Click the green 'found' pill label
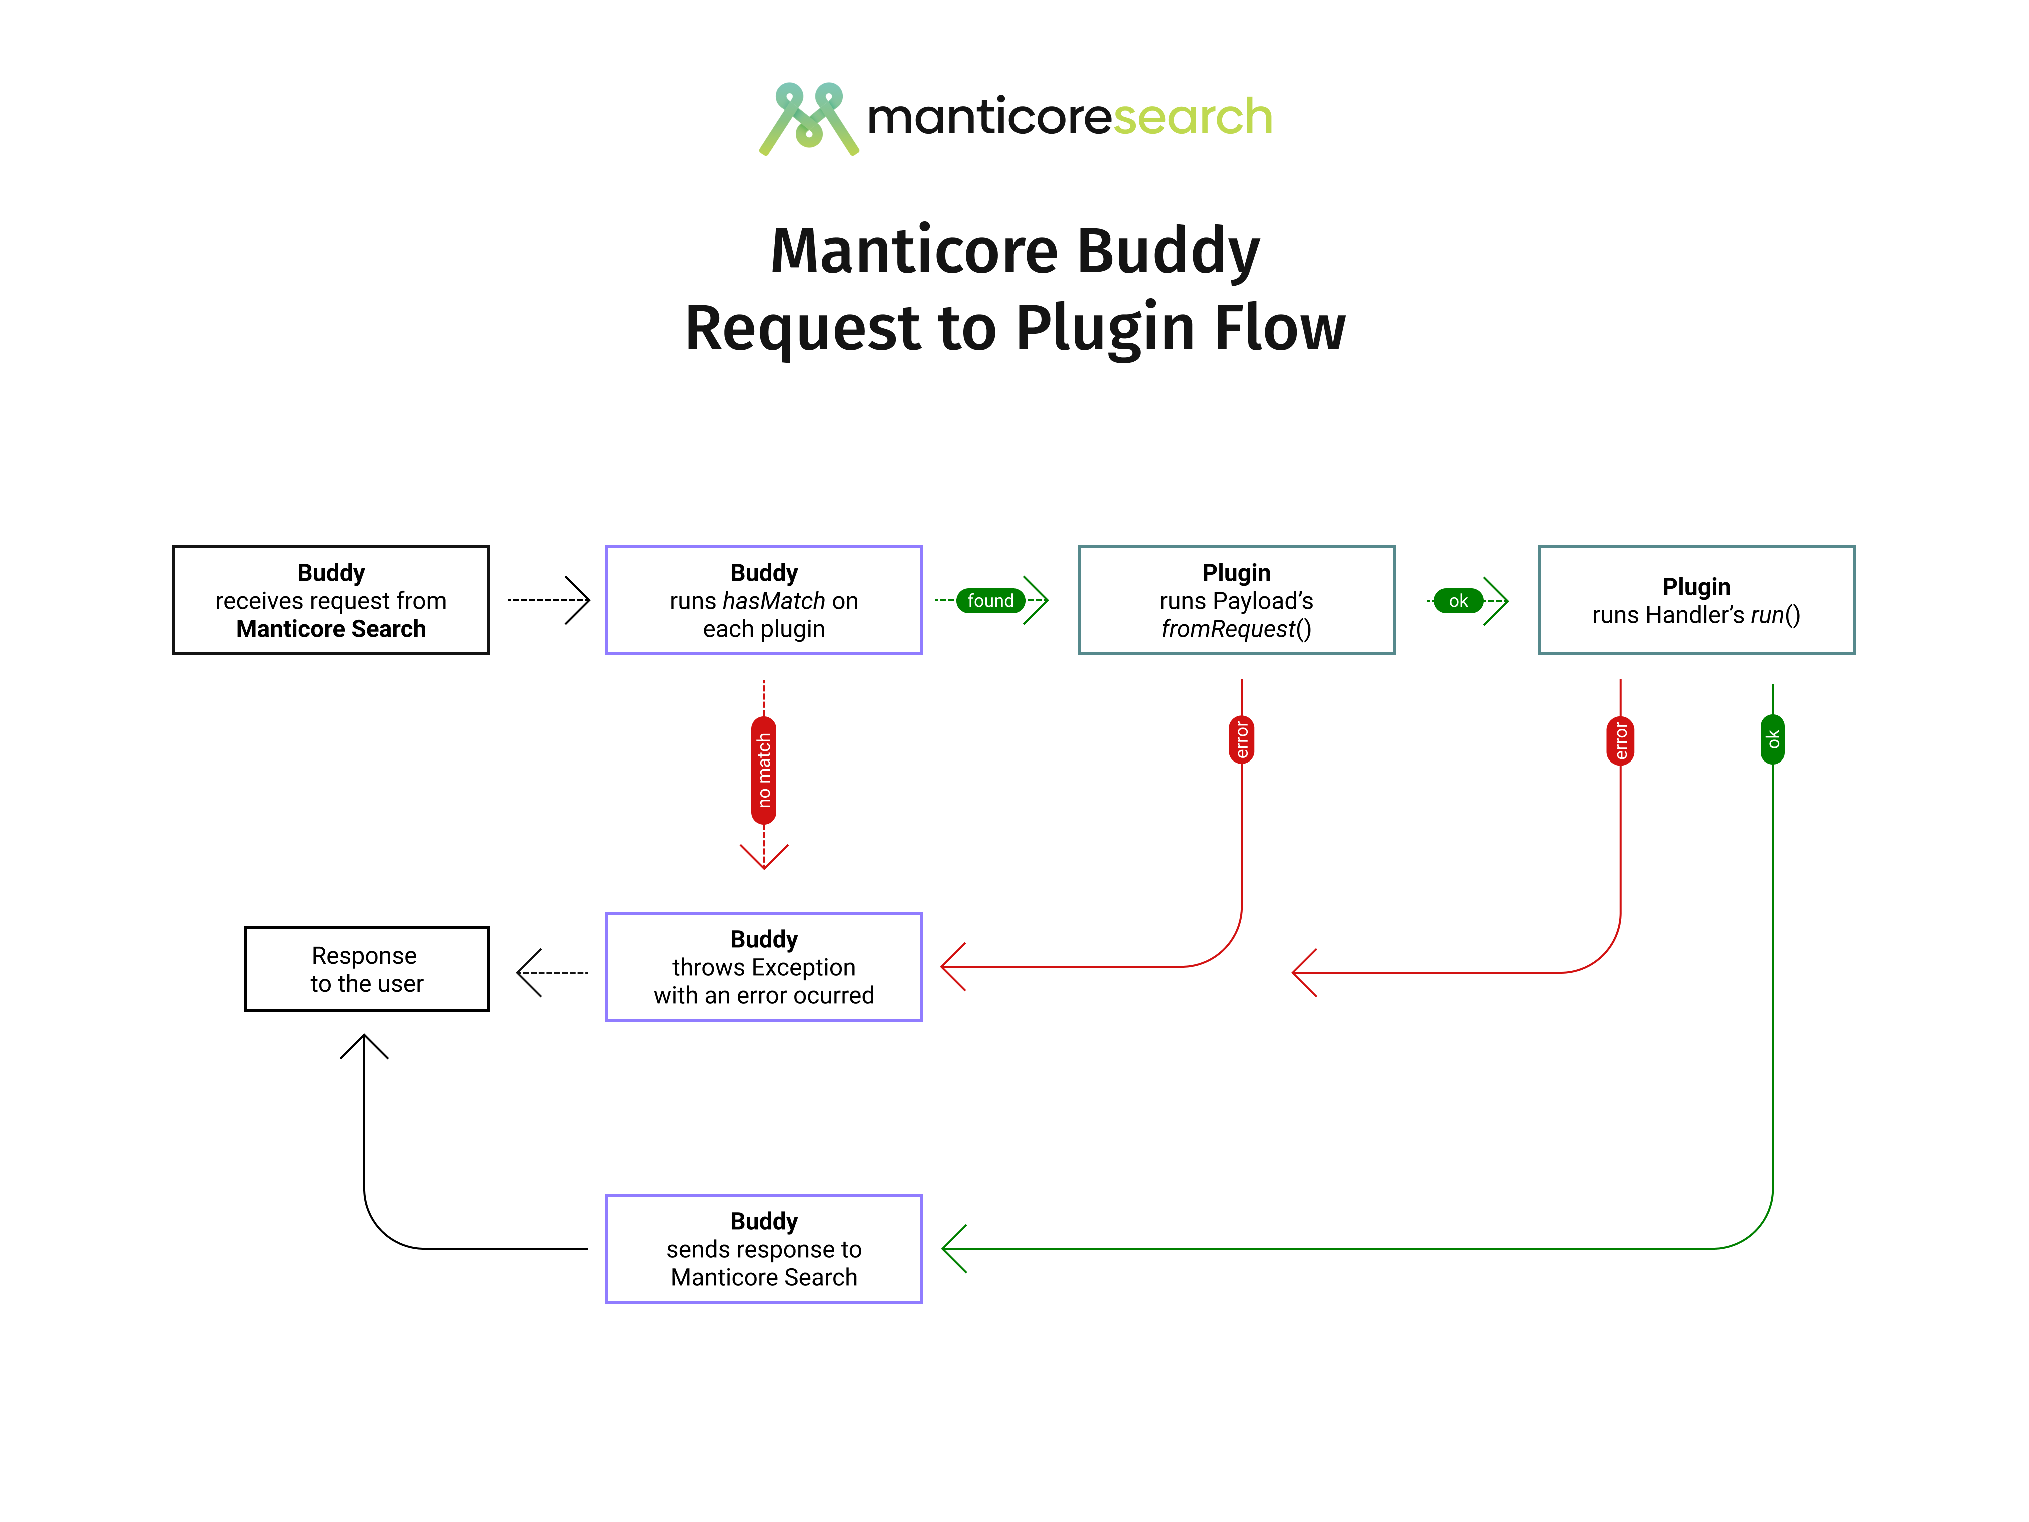click(990, 601)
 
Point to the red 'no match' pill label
click(764, 770)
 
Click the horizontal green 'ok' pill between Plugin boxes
click(1458, 601)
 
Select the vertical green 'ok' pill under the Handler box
click(1772, 739)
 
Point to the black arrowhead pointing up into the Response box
click(364, 1046)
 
